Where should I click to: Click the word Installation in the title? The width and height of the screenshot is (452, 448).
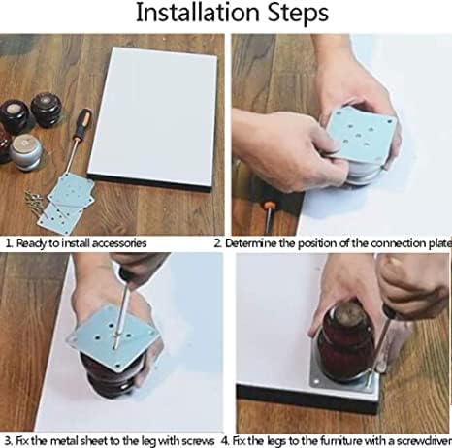click(198, 13)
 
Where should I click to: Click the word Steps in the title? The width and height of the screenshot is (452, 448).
click(298, 14)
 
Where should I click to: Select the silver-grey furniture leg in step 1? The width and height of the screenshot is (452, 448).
click(26, 152)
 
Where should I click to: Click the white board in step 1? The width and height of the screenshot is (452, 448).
click(152, 118)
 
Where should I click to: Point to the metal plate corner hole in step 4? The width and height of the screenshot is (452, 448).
click(316, 382)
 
